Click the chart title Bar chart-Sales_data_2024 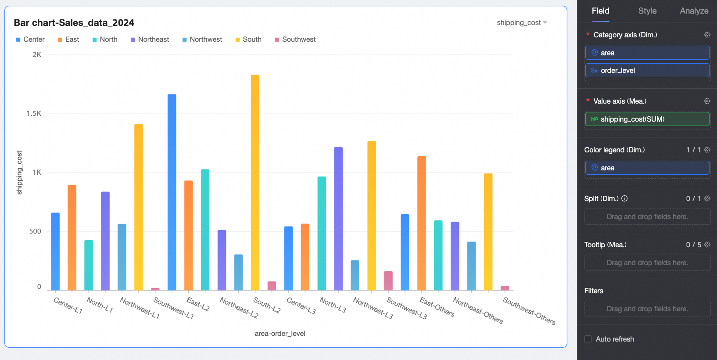[74, 23]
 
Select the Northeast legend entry [153, 40]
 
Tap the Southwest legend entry [298, 40]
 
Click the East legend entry [72, 40]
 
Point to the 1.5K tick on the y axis [34, 114]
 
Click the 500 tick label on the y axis [35, 231]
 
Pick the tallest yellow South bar [255, 182]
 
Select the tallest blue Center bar [172, 192]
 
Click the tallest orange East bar [421, 223]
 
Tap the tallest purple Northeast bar [338, 218]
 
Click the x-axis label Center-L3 [301, 305]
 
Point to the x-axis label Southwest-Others [529, 311]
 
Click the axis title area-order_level [280, 334]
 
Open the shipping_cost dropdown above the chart [522, 23]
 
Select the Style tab [647, 11]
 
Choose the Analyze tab [694, 11]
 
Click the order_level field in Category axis [647, 71]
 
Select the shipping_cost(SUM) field [647, 119]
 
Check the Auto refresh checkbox [588, 339]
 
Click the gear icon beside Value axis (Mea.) [707, 101]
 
